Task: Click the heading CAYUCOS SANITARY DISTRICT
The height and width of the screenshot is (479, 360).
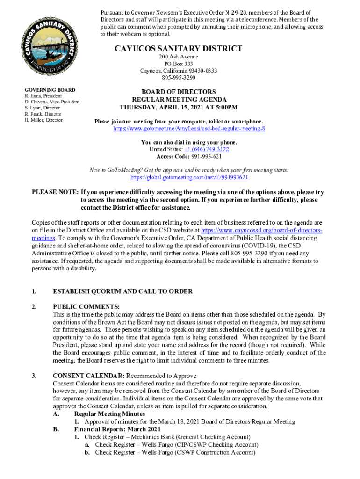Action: pos(178,49)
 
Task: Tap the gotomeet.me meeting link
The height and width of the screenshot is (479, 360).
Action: pos(189,128)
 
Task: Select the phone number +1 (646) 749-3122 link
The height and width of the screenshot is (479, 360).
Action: pos(206,149)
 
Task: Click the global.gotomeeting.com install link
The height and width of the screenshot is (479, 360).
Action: pos(189,178)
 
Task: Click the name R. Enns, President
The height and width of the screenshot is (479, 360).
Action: pos(43,96)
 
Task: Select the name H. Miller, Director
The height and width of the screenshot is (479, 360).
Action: pos(43,120)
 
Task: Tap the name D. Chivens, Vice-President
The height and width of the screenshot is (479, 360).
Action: pos(52,102)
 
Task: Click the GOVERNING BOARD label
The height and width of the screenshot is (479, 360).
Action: pos(50,89)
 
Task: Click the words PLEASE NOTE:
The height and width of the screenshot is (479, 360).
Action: pos(55,192)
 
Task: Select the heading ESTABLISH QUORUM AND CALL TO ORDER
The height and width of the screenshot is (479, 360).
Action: pos(122,291)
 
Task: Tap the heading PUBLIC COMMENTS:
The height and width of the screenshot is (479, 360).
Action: pos(86,307)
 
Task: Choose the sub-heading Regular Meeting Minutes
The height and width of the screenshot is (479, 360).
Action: pos(109,414)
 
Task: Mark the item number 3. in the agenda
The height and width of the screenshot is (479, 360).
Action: pos(34,376)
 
